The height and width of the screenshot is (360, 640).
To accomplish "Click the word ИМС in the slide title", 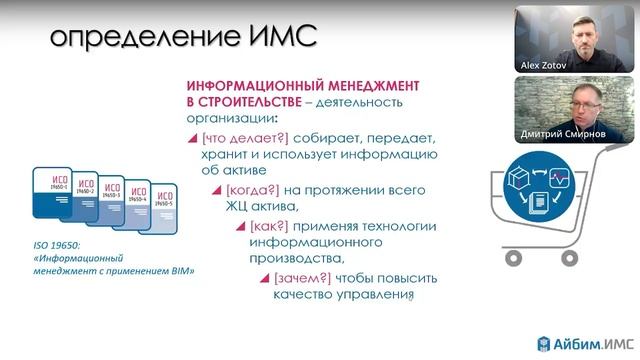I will click(x=275, y=37).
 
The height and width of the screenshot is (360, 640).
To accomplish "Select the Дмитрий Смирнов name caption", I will click(x=562, y=135).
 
